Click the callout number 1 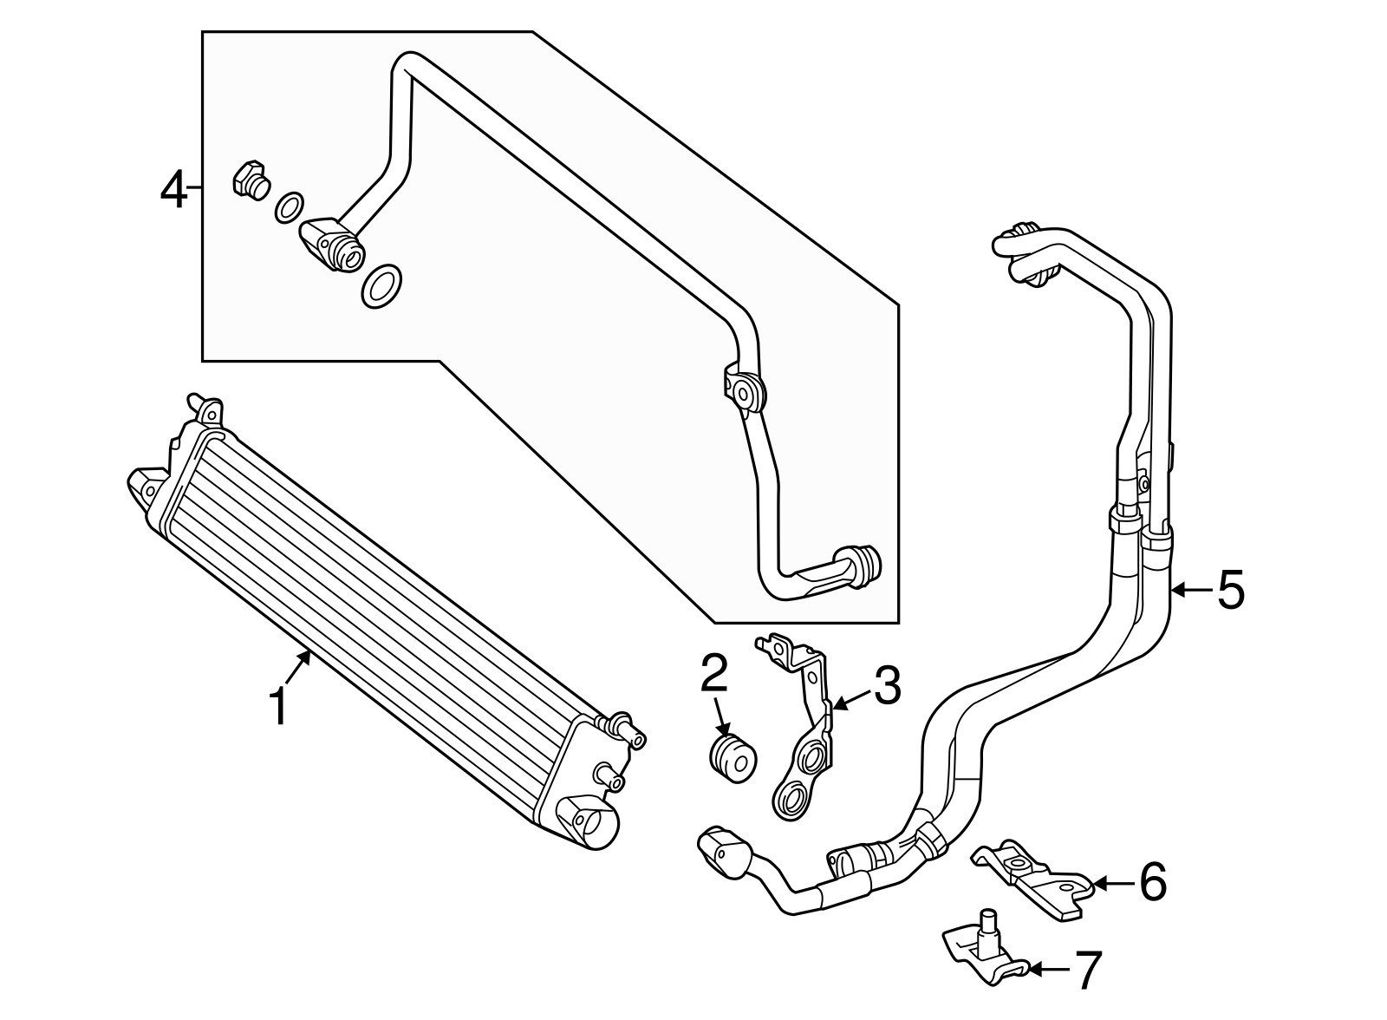click(x=277, y=706)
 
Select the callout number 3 click(x=886, y=685)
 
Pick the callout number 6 click(x=1153, y=883)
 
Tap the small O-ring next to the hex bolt click(x=289, y=207)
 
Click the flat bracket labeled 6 click(x=1034, y=878)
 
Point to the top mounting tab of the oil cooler click(x=205, y=408)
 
